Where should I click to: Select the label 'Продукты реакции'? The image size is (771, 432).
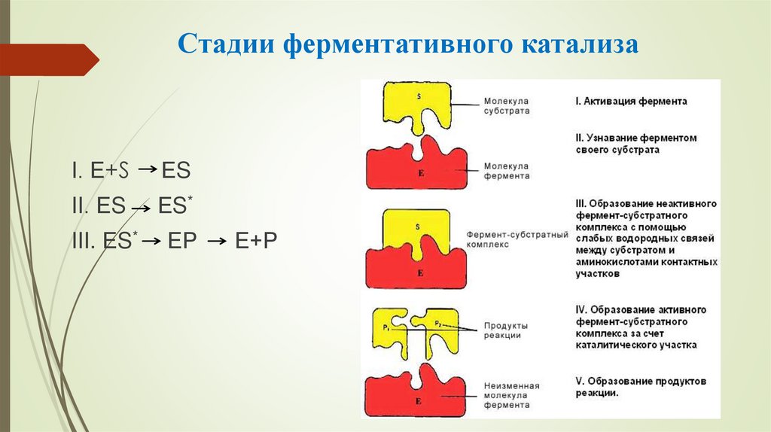point(505,330)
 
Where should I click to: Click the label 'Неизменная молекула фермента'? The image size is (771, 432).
point(507,395)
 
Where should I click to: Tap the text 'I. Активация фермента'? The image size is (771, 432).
point(629,101)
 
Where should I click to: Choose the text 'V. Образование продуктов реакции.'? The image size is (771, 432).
point(639,387)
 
